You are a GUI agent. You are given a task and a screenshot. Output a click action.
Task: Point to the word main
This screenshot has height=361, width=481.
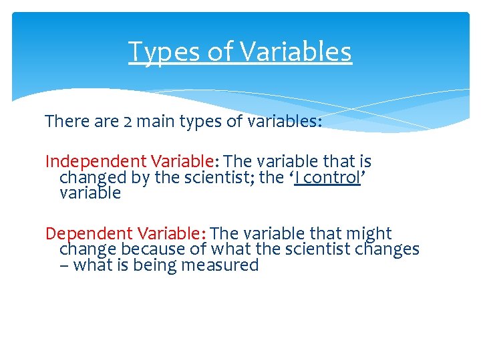point(160,122)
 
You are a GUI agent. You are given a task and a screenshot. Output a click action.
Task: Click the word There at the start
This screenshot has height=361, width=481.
point(66,122)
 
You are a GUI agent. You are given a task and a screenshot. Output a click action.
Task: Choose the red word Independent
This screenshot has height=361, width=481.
point(96,162)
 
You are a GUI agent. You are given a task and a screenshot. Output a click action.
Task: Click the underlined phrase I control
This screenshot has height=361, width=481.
point(327,178)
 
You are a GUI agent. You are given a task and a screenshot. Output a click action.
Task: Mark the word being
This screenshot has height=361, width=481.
point(160,265)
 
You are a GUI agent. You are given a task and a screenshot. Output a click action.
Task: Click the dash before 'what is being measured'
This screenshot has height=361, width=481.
point(64,265)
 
